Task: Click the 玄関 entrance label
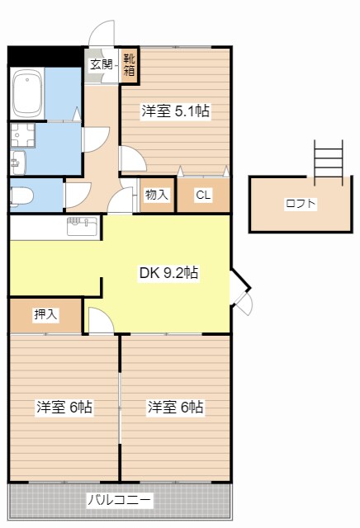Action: click(x=101, y=64)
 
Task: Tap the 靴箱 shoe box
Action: click(x=130, y=64)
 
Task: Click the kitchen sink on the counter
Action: click(x=81, y=223)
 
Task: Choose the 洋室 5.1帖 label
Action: click(x=174, y=111)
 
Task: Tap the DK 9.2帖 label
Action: click(x=168, y=272)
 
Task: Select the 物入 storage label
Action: click(x=156, y=196)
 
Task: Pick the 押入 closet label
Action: click(x=45, y=313)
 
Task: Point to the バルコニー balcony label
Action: click(x=119, y=500)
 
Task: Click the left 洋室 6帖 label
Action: click(x=64, y=407)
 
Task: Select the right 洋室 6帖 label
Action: click(x=176, y=407)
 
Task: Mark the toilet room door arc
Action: click(x=78, y=194)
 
